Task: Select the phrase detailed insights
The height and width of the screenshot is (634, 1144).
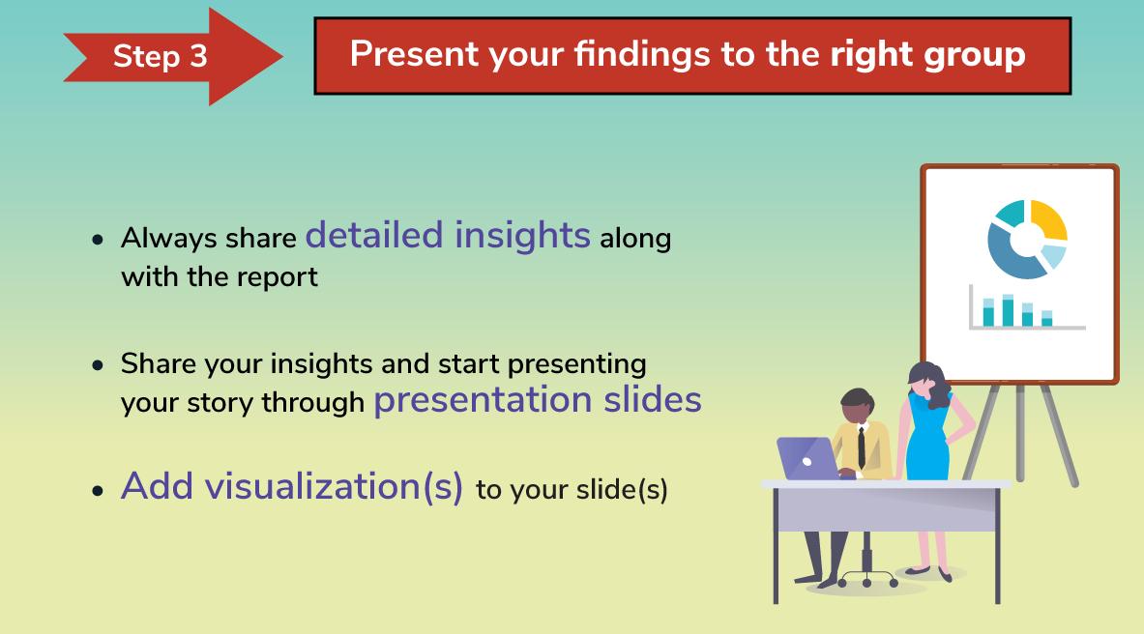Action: tap(447, 236)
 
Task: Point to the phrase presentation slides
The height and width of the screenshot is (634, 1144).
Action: tap(538, 400)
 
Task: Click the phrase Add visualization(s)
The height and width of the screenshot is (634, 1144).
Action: tap(292, 486)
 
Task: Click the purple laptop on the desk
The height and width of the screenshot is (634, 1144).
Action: tap(809, 458)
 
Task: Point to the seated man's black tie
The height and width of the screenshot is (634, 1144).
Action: tap(862, 447)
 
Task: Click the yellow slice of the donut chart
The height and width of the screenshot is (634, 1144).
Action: tap(1049, 219)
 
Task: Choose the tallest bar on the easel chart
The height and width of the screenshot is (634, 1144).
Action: tap(1008, 310)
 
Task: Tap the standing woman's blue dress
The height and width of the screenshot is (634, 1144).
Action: tap(927, 438)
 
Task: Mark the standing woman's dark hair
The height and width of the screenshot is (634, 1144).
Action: tap(931, 383)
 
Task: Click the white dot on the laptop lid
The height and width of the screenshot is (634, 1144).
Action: tap(807, 462)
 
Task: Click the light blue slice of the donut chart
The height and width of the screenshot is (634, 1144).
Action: tap(1053, 256)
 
